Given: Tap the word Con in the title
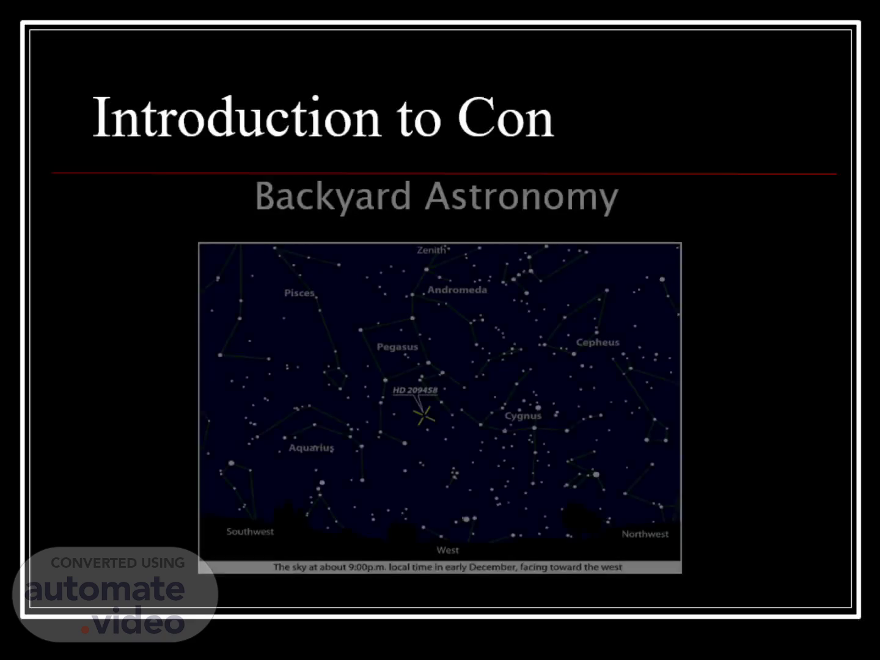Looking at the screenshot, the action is click(x=505, y=118).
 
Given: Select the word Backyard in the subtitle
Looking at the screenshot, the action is click(x=333, y=196).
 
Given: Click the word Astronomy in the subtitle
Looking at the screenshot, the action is click(x=522, y=197).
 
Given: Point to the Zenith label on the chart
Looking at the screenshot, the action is click(x=431, y=250).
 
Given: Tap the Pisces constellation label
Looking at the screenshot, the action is click(x=299, y=293).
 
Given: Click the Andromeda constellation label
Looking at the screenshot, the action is click(x=457, y=290).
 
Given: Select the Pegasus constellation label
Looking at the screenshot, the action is click(x=397, y=347).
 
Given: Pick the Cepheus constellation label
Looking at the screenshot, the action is click(x=597, y=342).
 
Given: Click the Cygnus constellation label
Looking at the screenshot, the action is click(x=522, y=416).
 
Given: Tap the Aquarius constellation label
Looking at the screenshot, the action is click(x=311, y=447).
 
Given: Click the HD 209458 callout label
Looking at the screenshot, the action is click(x=415, y=390).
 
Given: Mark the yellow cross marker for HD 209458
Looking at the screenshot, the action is click(x=424, y=416).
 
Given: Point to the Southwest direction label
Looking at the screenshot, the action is click(x=250, y=532).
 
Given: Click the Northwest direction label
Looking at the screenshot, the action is click(x=645, y=533).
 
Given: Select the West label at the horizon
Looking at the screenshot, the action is click(x=447, y=550).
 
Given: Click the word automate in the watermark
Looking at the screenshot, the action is click(x=105, y=588).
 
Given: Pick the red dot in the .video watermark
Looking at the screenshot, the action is click(x=85, y=629).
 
